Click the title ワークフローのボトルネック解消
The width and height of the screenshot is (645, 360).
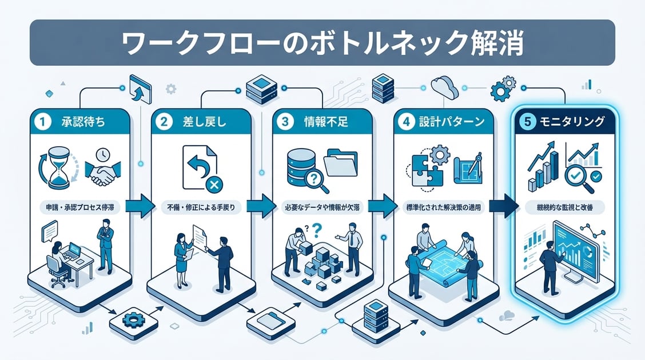pos(322,43)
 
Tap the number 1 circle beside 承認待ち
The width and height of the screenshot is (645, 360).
pos(41,122)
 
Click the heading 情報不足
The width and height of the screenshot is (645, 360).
pos(321,122)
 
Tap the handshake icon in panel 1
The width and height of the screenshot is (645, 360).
pos(102,173)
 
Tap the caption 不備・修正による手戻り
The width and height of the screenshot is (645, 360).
pos(202,207)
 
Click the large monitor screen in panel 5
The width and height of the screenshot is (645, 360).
pos(575,249)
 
